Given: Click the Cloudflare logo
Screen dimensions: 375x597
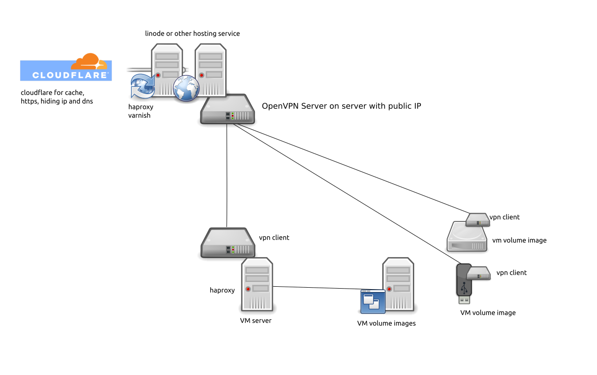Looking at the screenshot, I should pyautogui.click(x=66, y=67).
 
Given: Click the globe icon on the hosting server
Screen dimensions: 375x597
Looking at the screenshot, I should pyautogui.click(x=186, y=89).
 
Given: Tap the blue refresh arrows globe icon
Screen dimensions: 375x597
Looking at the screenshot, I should pyautogui.click(x=142, y=87).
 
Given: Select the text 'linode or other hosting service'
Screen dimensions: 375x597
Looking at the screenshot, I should pyautogui.click(x=192, y=33).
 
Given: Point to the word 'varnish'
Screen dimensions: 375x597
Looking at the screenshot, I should pyautogui.click(x=139, y=115).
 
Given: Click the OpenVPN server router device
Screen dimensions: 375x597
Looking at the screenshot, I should pyautogui.click(x=227, y=109).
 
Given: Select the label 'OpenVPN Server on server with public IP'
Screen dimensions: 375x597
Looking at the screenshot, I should pyautogui.click(x=341, y=106).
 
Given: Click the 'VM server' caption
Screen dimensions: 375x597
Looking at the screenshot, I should pyautogui.click(x=256, y=321).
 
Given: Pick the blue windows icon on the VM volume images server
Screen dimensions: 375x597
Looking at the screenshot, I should pyautogui.click(x=373, y=302).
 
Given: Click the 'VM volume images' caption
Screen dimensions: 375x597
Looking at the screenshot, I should pyautogui.click(x=387, y=323).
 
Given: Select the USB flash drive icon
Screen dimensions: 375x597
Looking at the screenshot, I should pyautogui.click(x=464, y=284).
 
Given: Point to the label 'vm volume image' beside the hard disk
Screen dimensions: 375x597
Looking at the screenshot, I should pyautogui.click(x=519, y=240).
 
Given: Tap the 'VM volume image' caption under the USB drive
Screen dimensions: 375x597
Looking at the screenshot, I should pyautogui.click(x=488, y=313).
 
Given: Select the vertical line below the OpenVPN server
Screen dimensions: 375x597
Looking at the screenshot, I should pyautogui.click(x=227, y=177).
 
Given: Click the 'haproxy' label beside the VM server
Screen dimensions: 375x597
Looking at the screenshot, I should pyautogui.click(x=222, y=290).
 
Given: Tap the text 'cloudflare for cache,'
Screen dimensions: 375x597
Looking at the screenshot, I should pyautogui.click(x=52, y=92).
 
